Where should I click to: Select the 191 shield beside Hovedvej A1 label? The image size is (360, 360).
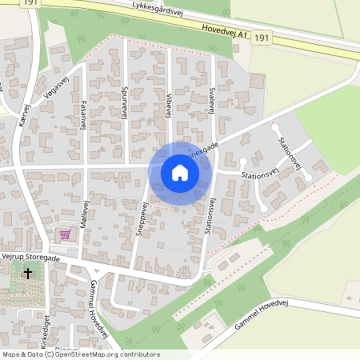coord(264,38)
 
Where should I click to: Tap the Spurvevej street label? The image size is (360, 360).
coord(126,102)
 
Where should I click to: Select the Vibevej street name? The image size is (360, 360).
coord(169,105)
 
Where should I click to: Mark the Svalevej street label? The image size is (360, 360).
coord(212,105)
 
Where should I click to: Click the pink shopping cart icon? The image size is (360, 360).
coord(64,234)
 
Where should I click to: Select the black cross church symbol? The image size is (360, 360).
coord(29,274)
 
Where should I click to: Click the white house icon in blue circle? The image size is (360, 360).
coord(180,173)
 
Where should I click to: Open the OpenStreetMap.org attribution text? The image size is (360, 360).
coord(96,354)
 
